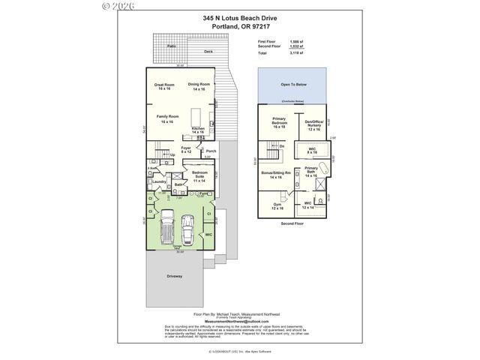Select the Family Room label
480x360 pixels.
(167, 118)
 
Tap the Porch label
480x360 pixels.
(211, 151)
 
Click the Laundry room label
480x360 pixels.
(158, 181)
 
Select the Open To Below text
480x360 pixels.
(292, 85)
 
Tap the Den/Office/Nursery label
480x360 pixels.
(313, 124)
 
